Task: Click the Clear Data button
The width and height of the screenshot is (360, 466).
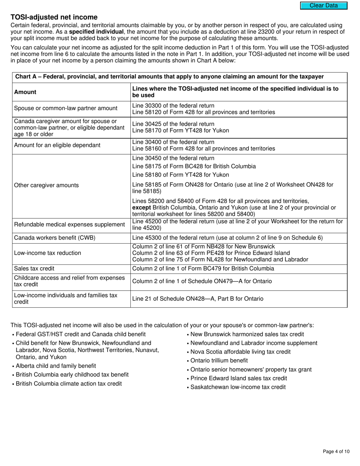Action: [x=324, y=5]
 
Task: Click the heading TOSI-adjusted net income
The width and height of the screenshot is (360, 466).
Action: [x=54, y=17]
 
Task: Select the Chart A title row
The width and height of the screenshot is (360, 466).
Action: [x=169, y=77]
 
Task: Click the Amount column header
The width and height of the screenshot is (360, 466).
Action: [x=25, y=92]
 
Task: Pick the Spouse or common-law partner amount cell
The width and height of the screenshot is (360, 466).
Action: [x=66, y=108]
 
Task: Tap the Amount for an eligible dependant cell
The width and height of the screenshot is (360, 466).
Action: [x=57, y=145]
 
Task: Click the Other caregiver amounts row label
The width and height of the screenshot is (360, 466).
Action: [x=47, y=185]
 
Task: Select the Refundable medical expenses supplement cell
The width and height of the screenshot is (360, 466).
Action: [x=69, y=225]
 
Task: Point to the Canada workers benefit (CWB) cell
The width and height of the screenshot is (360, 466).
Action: [x=55, y=238]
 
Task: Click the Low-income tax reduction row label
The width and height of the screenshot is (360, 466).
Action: [x=47, y=253]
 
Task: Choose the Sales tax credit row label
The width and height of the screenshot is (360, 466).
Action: [x=34, y=269]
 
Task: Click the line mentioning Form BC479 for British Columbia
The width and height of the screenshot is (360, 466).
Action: [x=203, y=269]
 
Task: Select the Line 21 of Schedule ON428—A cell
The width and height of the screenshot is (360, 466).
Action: [x=197, y=299]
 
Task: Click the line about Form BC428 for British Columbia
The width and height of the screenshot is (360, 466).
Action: [x=194, y=166]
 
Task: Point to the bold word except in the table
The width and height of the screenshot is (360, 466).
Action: [x=141, y=208]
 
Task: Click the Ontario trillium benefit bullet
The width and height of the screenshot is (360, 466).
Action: [x=219, y=361]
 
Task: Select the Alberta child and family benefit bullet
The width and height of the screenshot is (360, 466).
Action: [x=56, y=366]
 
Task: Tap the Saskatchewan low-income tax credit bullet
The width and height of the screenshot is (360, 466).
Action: [x=238, y=387]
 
